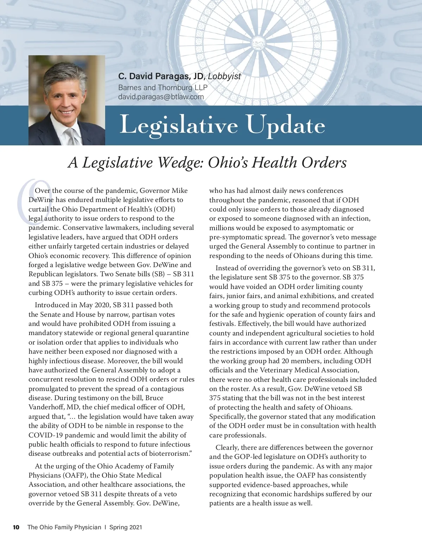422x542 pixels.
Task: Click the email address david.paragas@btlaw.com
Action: point(161,97)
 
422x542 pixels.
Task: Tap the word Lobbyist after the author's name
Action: point(224,76)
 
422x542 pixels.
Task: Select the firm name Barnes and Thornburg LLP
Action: point(163,87)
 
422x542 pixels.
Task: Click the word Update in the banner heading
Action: point(285,125)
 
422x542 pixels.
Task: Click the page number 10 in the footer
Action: point(16,527)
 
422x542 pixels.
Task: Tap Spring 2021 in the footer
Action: point(126,527)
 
